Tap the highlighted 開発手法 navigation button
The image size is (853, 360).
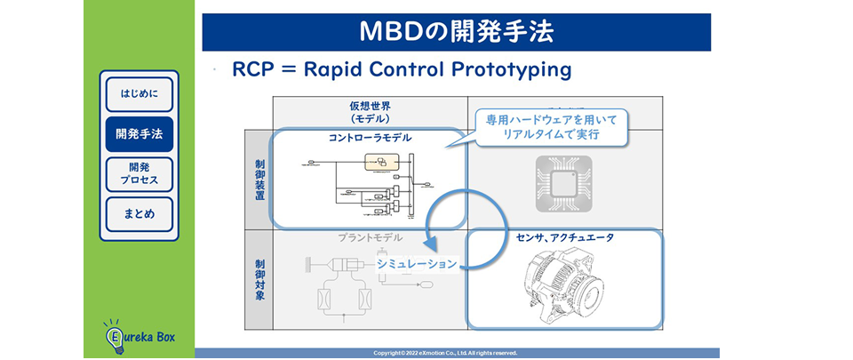pos(140,134)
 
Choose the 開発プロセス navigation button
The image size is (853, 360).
pos(140,174)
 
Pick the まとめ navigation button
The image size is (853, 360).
pos(140,214)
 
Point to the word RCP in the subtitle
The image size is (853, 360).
pos(251,69)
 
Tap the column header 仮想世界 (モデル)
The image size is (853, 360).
pos(370,111)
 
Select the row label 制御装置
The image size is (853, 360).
pos(259,180)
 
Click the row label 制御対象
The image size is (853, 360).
pos(259,279)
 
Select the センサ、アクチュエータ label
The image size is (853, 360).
pos(565,238)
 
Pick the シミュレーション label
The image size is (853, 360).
pos(417,263)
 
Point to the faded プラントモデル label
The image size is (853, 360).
pos(370,237)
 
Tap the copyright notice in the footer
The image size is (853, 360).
pos(458,353)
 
